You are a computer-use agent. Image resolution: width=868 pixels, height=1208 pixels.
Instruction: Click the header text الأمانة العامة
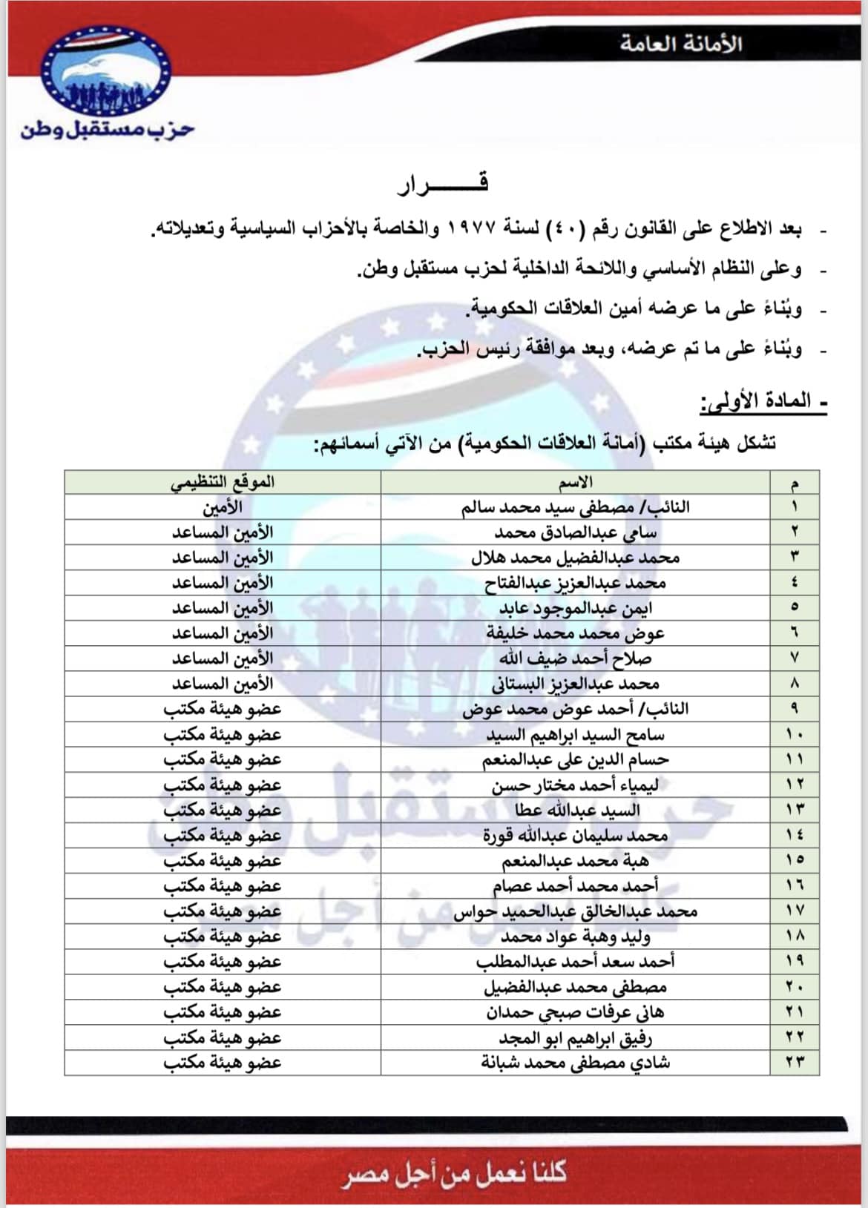pyautogui.click(x=681, y=44)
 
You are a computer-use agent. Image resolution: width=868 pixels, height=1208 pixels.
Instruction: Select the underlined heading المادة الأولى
pyautogui.click(x=763, y=402)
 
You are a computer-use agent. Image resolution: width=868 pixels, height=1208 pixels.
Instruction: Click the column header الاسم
pyautogui.click(x=576, y=482)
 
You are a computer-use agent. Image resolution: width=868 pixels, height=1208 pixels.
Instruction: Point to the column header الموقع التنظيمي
pyautogui.click(x=223, y=482)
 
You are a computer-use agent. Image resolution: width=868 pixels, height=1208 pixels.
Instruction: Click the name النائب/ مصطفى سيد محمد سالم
pyautogui.click(x=576, y=507)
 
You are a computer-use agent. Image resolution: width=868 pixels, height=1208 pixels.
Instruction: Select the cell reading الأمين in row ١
pyautogui.click(x=223, y=507)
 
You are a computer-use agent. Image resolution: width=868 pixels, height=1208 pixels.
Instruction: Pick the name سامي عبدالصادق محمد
pyautogui.click(x=576, y=532)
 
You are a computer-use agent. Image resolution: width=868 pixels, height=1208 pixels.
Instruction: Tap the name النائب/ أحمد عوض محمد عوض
pyautogui.click(x=576, y=709)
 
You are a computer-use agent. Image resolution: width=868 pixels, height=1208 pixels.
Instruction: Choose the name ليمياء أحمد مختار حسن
pyautogui.click(x=576, y=785)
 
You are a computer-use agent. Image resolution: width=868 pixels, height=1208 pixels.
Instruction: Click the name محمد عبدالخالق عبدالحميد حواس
pyautogui.click(x=576, y=911)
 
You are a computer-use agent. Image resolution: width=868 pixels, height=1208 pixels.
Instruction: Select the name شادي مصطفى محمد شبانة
pyautogui.click(x=576, y=1062)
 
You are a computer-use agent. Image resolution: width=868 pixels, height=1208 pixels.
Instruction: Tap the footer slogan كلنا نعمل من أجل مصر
pyautogui.click(x=455, y=1173)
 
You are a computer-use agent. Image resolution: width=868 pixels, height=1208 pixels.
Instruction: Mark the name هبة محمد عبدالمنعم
pyautogui.click(x=576, y=860)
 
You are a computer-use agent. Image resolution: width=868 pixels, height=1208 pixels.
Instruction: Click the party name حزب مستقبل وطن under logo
pyautogui.click(x=108, y=131)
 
